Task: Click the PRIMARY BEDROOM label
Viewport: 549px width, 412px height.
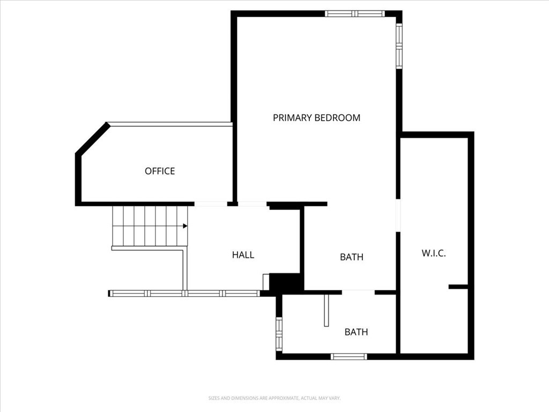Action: (x=316, y=117)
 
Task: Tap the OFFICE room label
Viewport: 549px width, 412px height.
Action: (x=160, y=171)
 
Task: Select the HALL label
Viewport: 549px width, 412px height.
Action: (x=243, y=255)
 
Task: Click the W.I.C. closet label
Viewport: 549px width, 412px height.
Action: (x=434, y=253)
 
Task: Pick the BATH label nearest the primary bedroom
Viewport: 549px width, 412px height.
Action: (x=352, y=257)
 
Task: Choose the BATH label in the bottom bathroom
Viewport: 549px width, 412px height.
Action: (x=356, y=332)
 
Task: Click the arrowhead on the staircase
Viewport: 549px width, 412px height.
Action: (x=185, y=226)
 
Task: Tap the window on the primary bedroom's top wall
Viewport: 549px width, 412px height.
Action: (x=354, y=13)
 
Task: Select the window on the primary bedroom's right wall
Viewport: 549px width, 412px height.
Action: (x=399, y=46)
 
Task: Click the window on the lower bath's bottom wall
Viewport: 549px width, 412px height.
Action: (x=348, y=356)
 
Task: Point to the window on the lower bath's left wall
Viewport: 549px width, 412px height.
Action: (x=279, y=334)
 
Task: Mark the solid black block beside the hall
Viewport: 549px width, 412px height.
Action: (x=286, y=283)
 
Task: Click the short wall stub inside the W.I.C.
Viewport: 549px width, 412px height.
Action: (x=458, y=286)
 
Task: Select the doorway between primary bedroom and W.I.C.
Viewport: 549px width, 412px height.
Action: (x=398, y=215)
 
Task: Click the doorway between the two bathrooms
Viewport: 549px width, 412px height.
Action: (x=358, y=292)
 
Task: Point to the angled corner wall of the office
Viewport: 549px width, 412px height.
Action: (x=92, y=139)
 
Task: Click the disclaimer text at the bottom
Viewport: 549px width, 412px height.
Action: (x=274, y=398)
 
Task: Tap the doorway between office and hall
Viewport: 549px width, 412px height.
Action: (x=210, y=204)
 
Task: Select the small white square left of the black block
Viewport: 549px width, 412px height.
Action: (x=265, y=282)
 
